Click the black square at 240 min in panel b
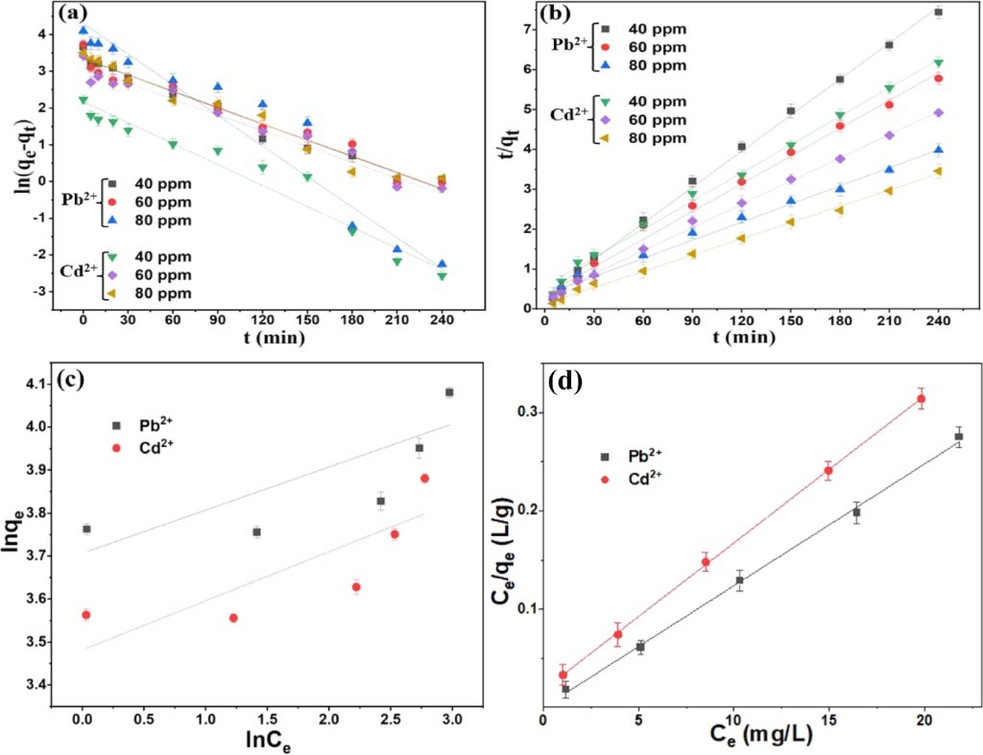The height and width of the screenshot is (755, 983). (938, 12)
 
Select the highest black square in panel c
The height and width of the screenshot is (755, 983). (449, 392)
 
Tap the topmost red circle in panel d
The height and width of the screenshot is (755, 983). (922, 399)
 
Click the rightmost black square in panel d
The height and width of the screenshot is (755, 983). (958, 436)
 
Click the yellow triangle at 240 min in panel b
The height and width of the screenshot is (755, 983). (938, 171)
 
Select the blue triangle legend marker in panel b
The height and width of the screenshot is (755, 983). (601, 65)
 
